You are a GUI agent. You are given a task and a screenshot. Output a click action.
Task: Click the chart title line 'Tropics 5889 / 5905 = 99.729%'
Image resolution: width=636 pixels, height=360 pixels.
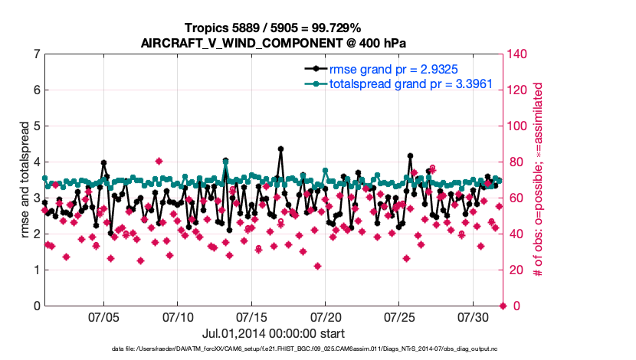click(x=273, y=28)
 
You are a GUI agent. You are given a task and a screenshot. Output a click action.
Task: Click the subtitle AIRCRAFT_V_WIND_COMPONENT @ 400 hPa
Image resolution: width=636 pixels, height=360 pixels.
click(x=273, y=43)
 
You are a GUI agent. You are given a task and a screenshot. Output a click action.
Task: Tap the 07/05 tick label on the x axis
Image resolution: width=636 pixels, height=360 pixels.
click(x=103, y=316)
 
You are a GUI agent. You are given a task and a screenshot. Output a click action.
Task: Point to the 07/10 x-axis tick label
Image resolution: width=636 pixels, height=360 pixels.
click(x=178, y=316)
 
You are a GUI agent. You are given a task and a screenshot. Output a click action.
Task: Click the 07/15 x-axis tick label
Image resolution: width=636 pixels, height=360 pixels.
click(x=251, y=316)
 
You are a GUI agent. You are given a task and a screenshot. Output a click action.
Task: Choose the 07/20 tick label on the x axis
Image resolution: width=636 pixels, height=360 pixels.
click(x=325, y=316)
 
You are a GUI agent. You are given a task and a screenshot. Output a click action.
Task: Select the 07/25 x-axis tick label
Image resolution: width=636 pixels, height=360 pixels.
click(x=399, y=316)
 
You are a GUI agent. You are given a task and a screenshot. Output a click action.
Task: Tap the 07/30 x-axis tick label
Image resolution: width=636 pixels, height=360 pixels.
click(x=473, y=316)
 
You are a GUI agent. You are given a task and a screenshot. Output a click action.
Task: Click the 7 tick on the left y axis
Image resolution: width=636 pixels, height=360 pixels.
click(x=37, y=54)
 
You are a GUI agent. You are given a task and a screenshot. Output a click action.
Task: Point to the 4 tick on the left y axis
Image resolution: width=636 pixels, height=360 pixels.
click(x=37, y=162)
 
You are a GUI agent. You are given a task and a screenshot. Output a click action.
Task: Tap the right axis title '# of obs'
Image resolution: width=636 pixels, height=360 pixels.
click(x=538, y=180)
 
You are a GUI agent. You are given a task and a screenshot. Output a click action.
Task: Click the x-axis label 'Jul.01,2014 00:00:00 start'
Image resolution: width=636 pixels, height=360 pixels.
click(x=273, y=333)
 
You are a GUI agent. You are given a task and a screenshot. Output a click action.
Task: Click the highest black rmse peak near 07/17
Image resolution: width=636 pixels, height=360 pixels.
click(x=280, y=149)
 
